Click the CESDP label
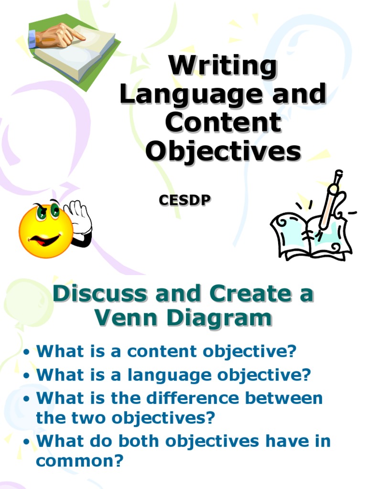[184, 201]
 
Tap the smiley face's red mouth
[44, 239]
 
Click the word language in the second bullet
[170, 375]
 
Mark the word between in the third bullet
[286, 398]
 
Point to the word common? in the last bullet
[80, 461]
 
